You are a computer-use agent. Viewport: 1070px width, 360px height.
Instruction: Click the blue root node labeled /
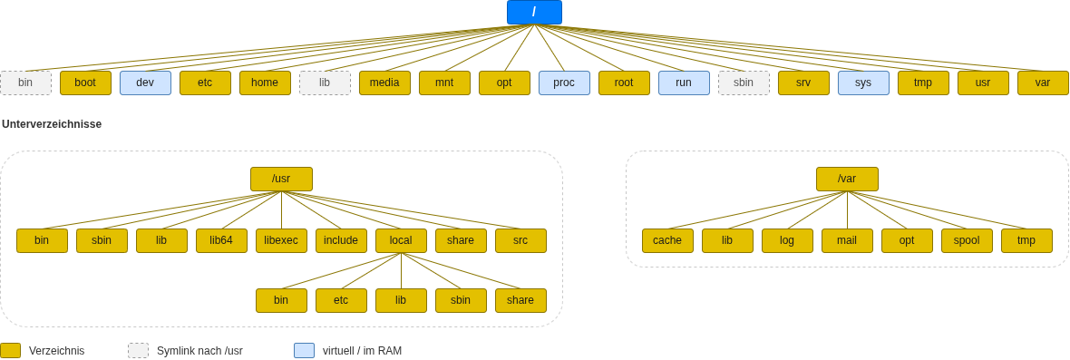[534, 13]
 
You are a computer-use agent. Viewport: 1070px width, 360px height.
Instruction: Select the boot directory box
[85, 83]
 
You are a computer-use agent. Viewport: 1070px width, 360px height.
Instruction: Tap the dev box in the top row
[145, 83]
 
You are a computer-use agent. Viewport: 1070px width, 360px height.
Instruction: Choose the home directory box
[265, 83]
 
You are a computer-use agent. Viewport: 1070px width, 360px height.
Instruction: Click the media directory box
[384, 83]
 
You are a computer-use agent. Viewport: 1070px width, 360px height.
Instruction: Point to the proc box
[564, 83]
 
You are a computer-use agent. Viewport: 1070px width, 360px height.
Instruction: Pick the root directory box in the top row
[625, 83]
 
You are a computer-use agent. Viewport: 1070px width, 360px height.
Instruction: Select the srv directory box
[804, 83]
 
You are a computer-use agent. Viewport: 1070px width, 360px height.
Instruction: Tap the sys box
[864, 83]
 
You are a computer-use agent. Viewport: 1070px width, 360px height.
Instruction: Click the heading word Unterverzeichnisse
[52, 124]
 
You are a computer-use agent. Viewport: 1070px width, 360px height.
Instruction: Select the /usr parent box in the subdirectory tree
[281, 180]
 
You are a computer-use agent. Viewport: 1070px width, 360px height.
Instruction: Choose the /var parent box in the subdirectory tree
[848, 180]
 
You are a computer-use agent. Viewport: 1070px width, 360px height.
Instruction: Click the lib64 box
[222, 240]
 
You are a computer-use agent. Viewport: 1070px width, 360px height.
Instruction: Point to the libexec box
[281, 240]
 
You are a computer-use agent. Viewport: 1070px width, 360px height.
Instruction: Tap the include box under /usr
[341, 240]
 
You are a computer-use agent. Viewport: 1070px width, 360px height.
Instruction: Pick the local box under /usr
[401, 240]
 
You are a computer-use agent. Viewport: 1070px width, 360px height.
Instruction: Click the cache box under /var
[668, 240]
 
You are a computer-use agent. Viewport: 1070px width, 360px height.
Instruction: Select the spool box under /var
[967, 240]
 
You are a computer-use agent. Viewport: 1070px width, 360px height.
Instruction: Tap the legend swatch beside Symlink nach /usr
[138, 350]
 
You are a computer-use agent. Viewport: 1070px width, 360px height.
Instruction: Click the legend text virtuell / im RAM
[363, 351]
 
